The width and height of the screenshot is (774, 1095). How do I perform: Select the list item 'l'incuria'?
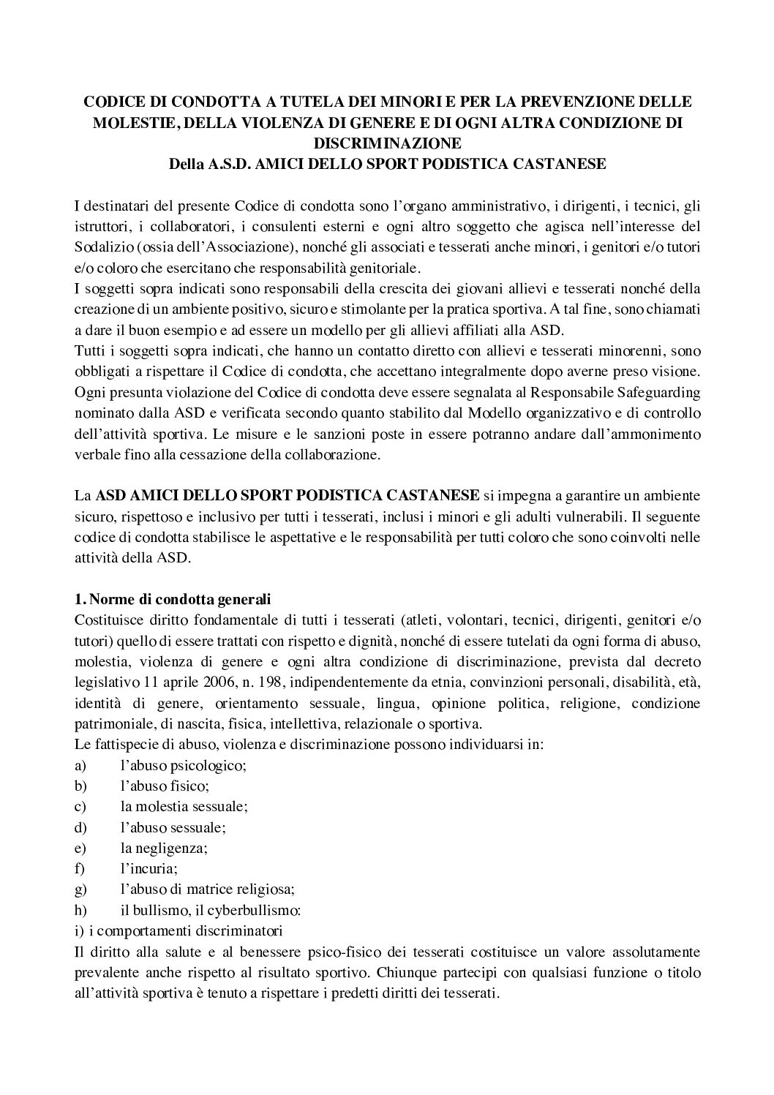click(149, 869)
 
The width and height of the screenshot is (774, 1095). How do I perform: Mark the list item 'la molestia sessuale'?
click(184, 807)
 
